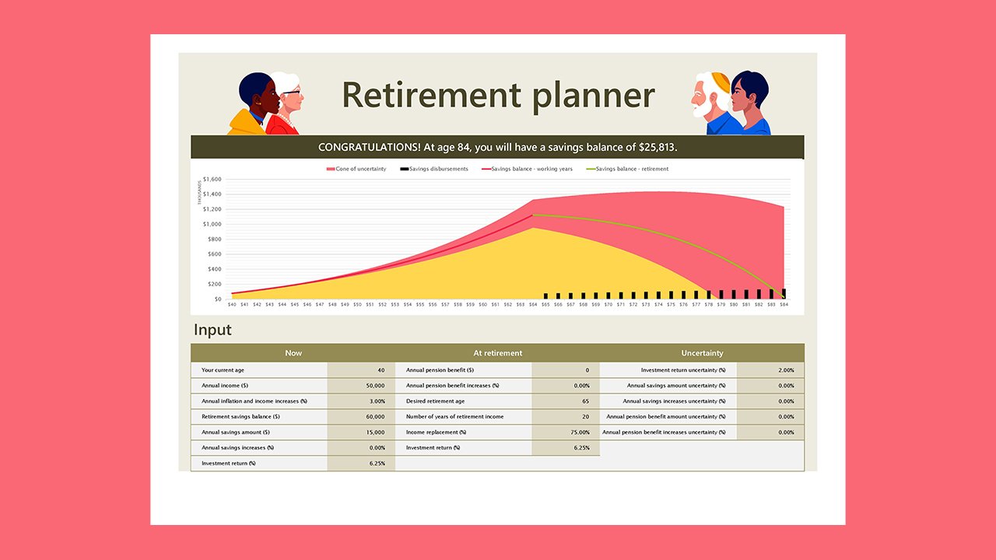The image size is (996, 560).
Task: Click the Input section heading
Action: [x=212, y=330]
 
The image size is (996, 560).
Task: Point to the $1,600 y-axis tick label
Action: [x=212, y=180]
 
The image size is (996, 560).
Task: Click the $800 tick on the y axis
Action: [x=213, y=240]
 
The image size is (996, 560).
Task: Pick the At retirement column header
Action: [x=497, y=353]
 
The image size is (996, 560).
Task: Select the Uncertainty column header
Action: [x=702, y=353]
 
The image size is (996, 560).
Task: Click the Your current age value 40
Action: [x=381, y=370]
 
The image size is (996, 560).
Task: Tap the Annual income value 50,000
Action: [x=374, y=386]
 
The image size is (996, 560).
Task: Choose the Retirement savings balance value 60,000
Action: [x=374, y=417]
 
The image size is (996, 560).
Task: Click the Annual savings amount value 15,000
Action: [x=374, y=432]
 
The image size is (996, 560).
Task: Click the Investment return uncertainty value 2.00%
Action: [x=785, y=370]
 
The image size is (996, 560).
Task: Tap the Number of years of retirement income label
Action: [x=454, y=417]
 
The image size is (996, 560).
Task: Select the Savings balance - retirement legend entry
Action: [x=631, y=169]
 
